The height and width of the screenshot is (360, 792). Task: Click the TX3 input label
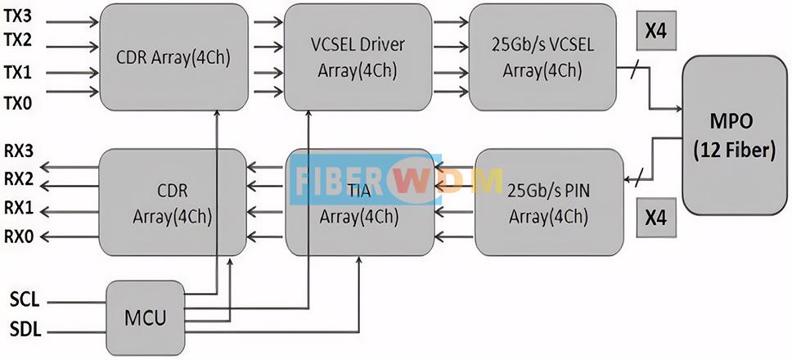[x=18, y=16]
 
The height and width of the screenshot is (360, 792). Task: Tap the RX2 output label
[x=19, y=179]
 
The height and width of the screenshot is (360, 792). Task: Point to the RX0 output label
[x=19, y=236]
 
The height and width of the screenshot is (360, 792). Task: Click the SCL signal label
[x=25, y=301]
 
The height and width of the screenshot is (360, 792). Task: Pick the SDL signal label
[x=25, y=331]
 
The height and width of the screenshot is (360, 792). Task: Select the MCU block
[x=145, y=318]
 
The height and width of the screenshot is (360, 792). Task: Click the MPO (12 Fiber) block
[x=735, y=135]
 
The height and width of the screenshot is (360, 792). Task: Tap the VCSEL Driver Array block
[x=358, y=57]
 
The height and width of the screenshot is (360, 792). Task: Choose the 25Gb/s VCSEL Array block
[x=542, y=57]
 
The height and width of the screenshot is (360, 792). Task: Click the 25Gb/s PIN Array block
[x=548, y=202]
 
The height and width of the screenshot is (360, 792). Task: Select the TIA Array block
[x=360, y=202]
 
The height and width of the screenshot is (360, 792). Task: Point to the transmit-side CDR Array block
[x=173, y=57]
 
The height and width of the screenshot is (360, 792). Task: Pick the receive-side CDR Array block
[x=173, y=202]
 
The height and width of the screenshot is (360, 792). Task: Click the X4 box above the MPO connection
[x=656, y=32]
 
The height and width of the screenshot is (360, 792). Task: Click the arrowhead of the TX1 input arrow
[x=94, y=73]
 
